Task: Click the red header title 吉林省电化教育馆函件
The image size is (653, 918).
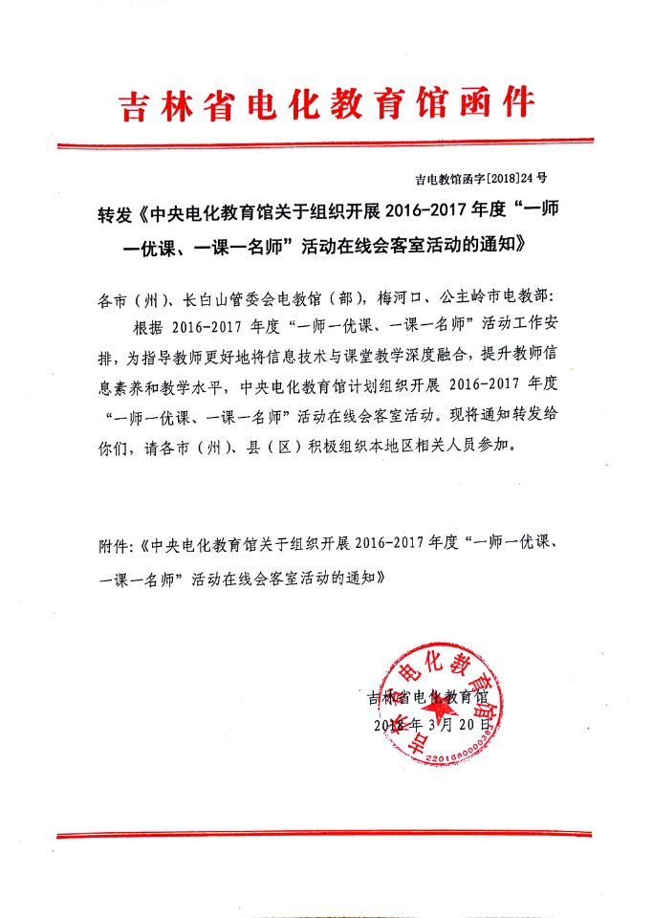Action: click(326, 104)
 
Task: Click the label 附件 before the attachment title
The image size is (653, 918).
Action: click(115, 545)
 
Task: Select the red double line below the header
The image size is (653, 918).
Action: click(326, 144)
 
